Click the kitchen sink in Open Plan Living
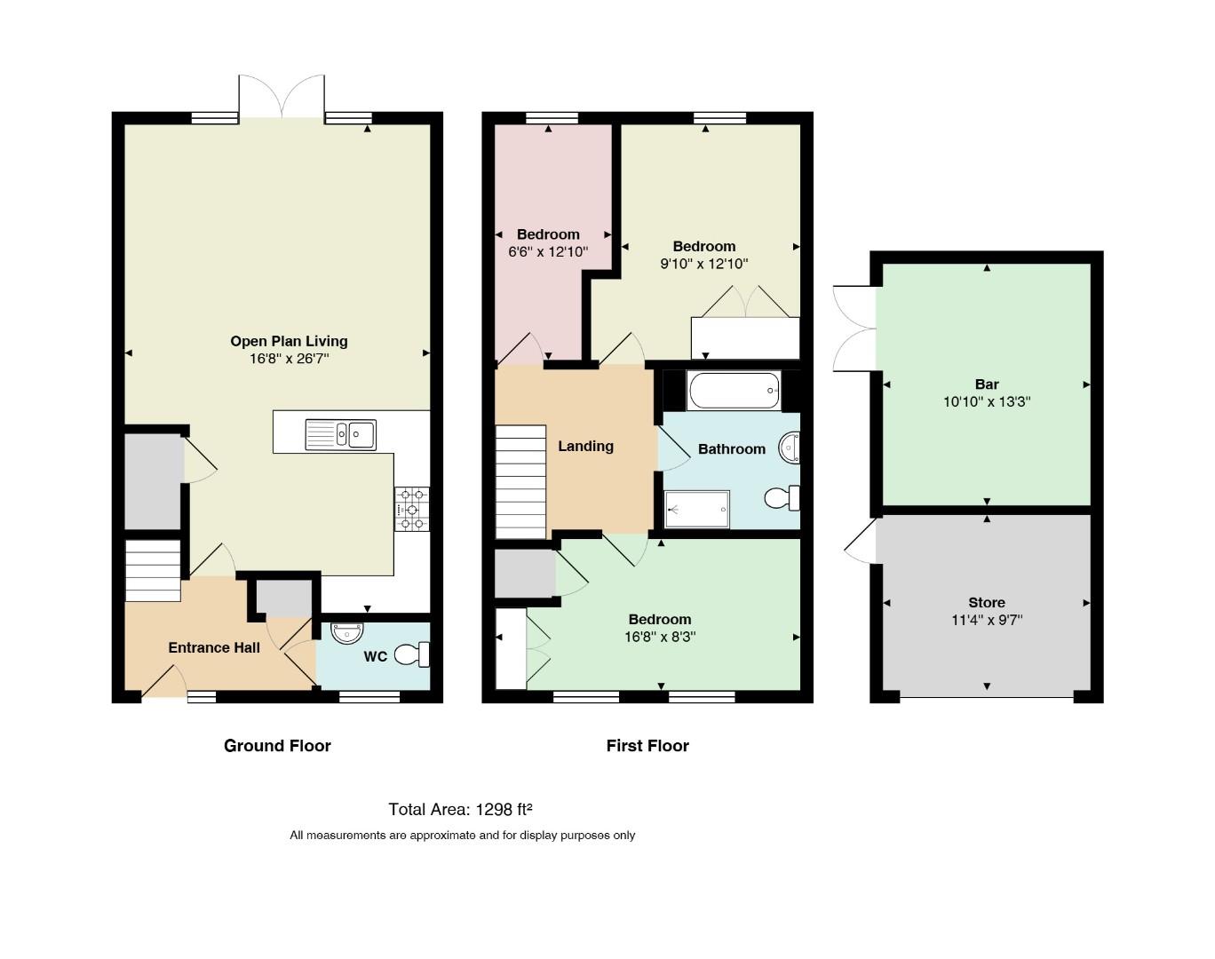(340, 434)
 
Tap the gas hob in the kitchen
(411, 509)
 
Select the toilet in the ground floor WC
(412, 655)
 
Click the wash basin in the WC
(346, 633)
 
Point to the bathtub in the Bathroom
(734, 390)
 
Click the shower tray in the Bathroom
(697, 510)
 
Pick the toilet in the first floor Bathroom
(782, 498)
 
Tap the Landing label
(585, 447)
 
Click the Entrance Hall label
(214, 647)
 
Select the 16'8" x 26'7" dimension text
(289, 359)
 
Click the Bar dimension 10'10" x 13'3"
(987, 402)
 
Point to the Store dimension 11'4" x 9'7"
(987, 621)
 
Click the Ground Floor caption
(277, 746)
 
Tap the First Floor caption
(647, 746)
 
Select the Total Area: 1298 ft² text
(461, 810)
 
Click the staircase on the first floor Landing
(520, 481)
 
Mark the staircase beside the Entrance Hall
(153, 571)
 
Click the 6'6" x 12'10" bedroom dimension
(548, 252)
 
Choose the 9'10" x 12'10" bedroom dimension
(704, 264)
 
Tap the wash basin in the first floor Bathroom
(790, 448)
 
